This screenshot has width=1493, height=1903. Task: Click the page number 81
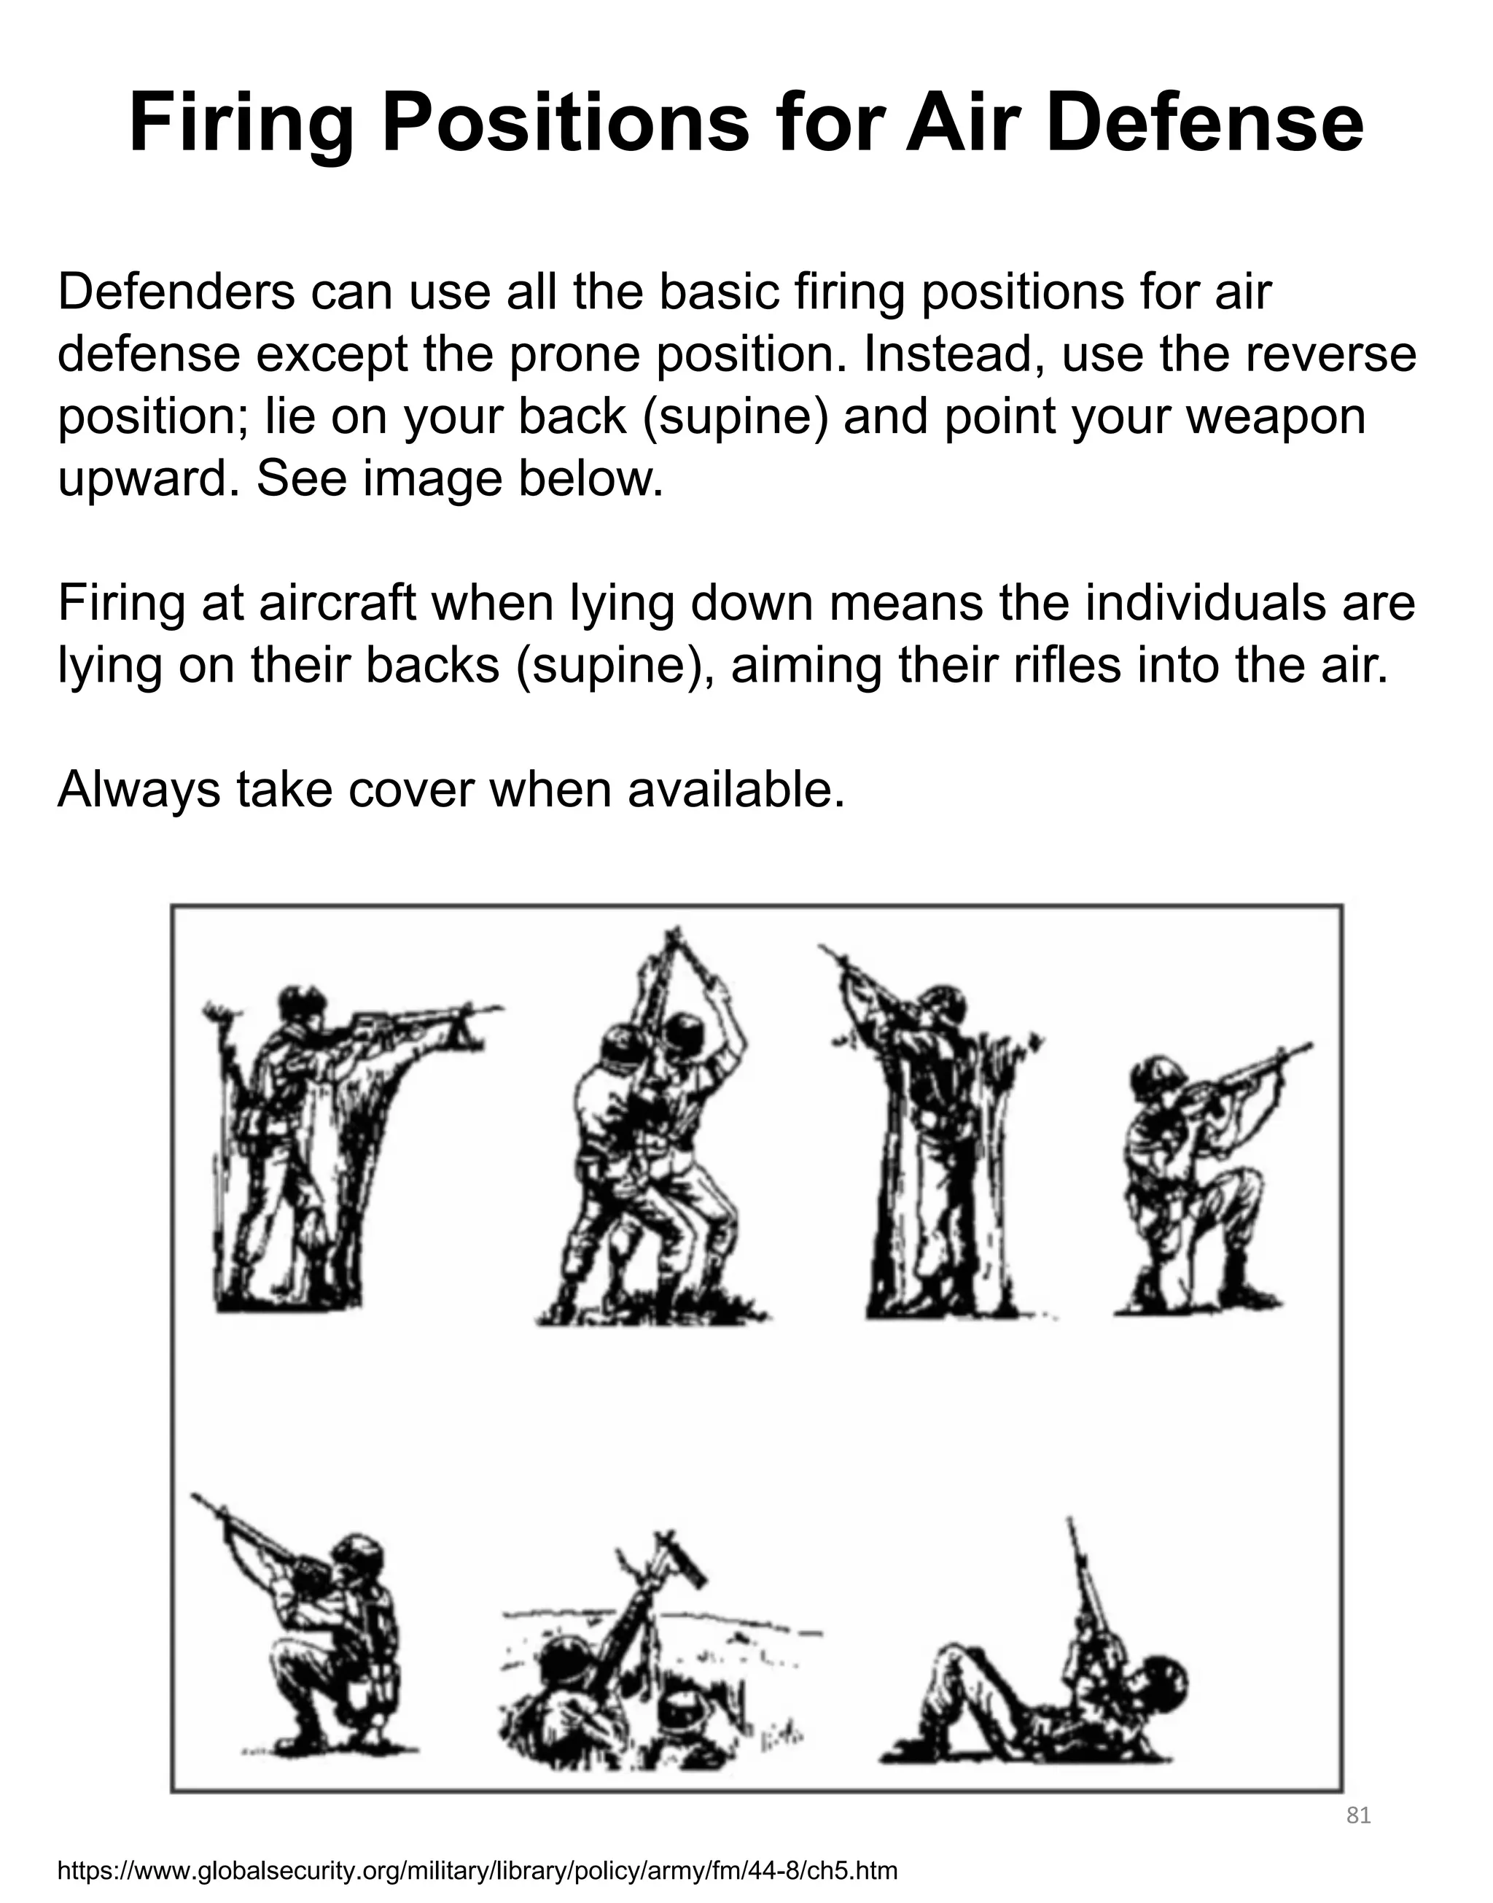click(1357, 1816)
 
